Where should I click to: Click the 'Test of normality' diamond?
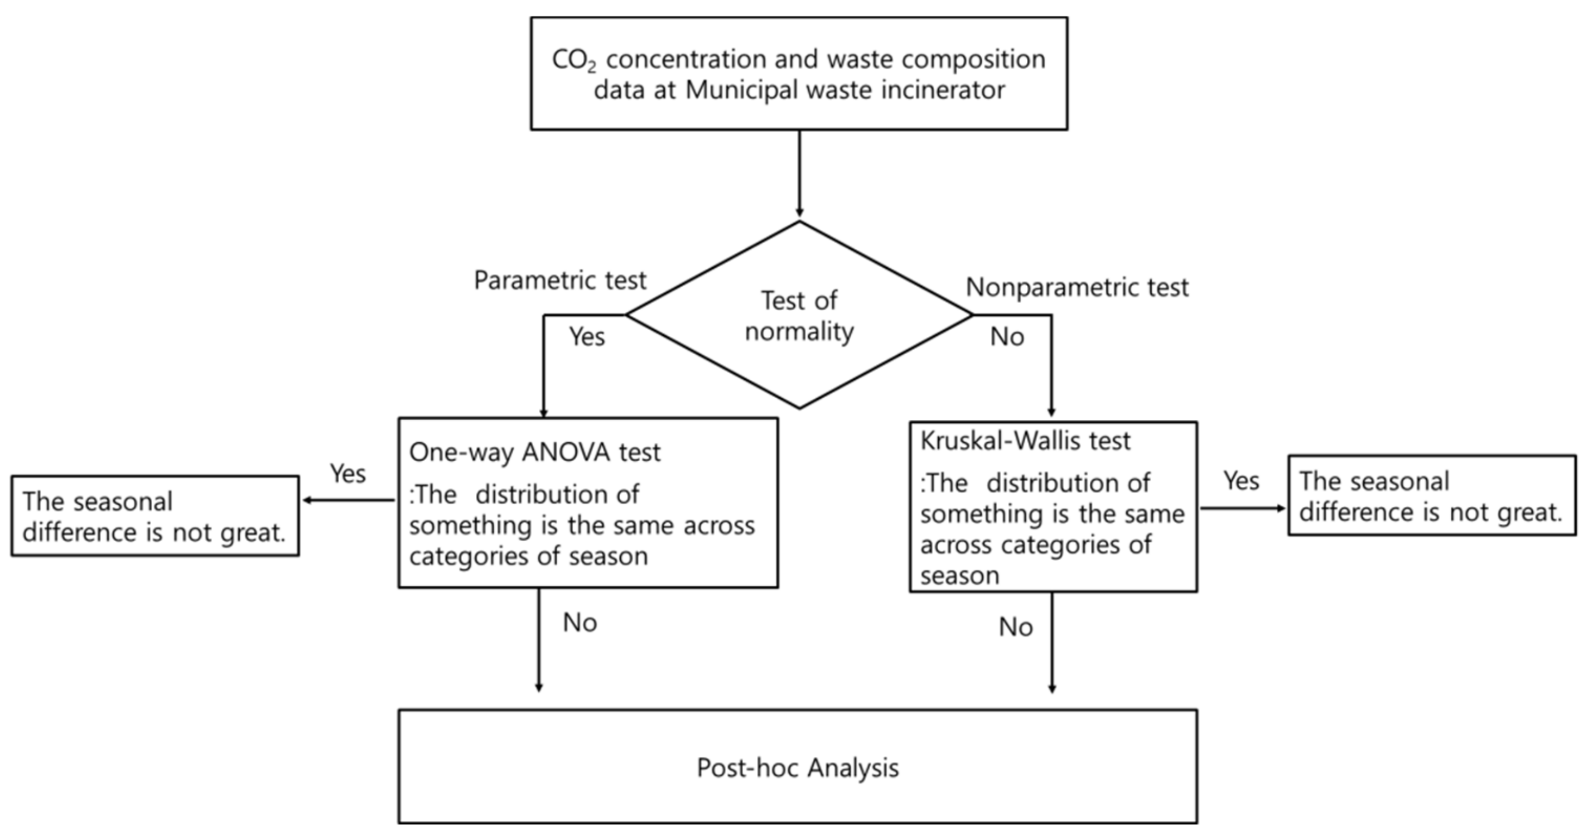tap(799, 316)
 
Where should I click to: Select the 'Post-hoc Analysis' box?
tap(798, 767)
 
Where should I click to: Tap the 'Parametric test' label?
tap(560, 281)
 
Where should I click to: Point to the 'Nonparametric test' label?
tap(1077, 288)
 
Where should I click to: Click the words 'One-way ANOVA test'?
tap(534, 453)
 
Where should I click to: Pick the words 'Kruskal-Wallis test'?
tap(1025, 441)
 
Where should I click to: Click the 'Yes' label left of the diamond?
tap(587, 337)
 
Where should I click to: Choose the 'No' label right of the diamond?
tap(1007, 337)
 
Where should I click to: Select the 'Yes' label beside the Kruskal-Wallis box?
tap(1241, 481)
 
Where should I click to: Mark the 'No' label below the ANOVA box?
tap(580, 623)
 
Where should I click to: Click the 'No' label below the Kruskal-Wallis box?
tap(1015, 628)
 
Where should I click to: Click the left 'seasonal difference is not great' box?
tap(155, 517)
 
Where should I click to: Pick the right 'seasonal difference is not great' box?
tap(1431, 496)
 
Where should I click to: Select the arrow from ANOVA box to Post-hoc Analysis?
tap(539, 641)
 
